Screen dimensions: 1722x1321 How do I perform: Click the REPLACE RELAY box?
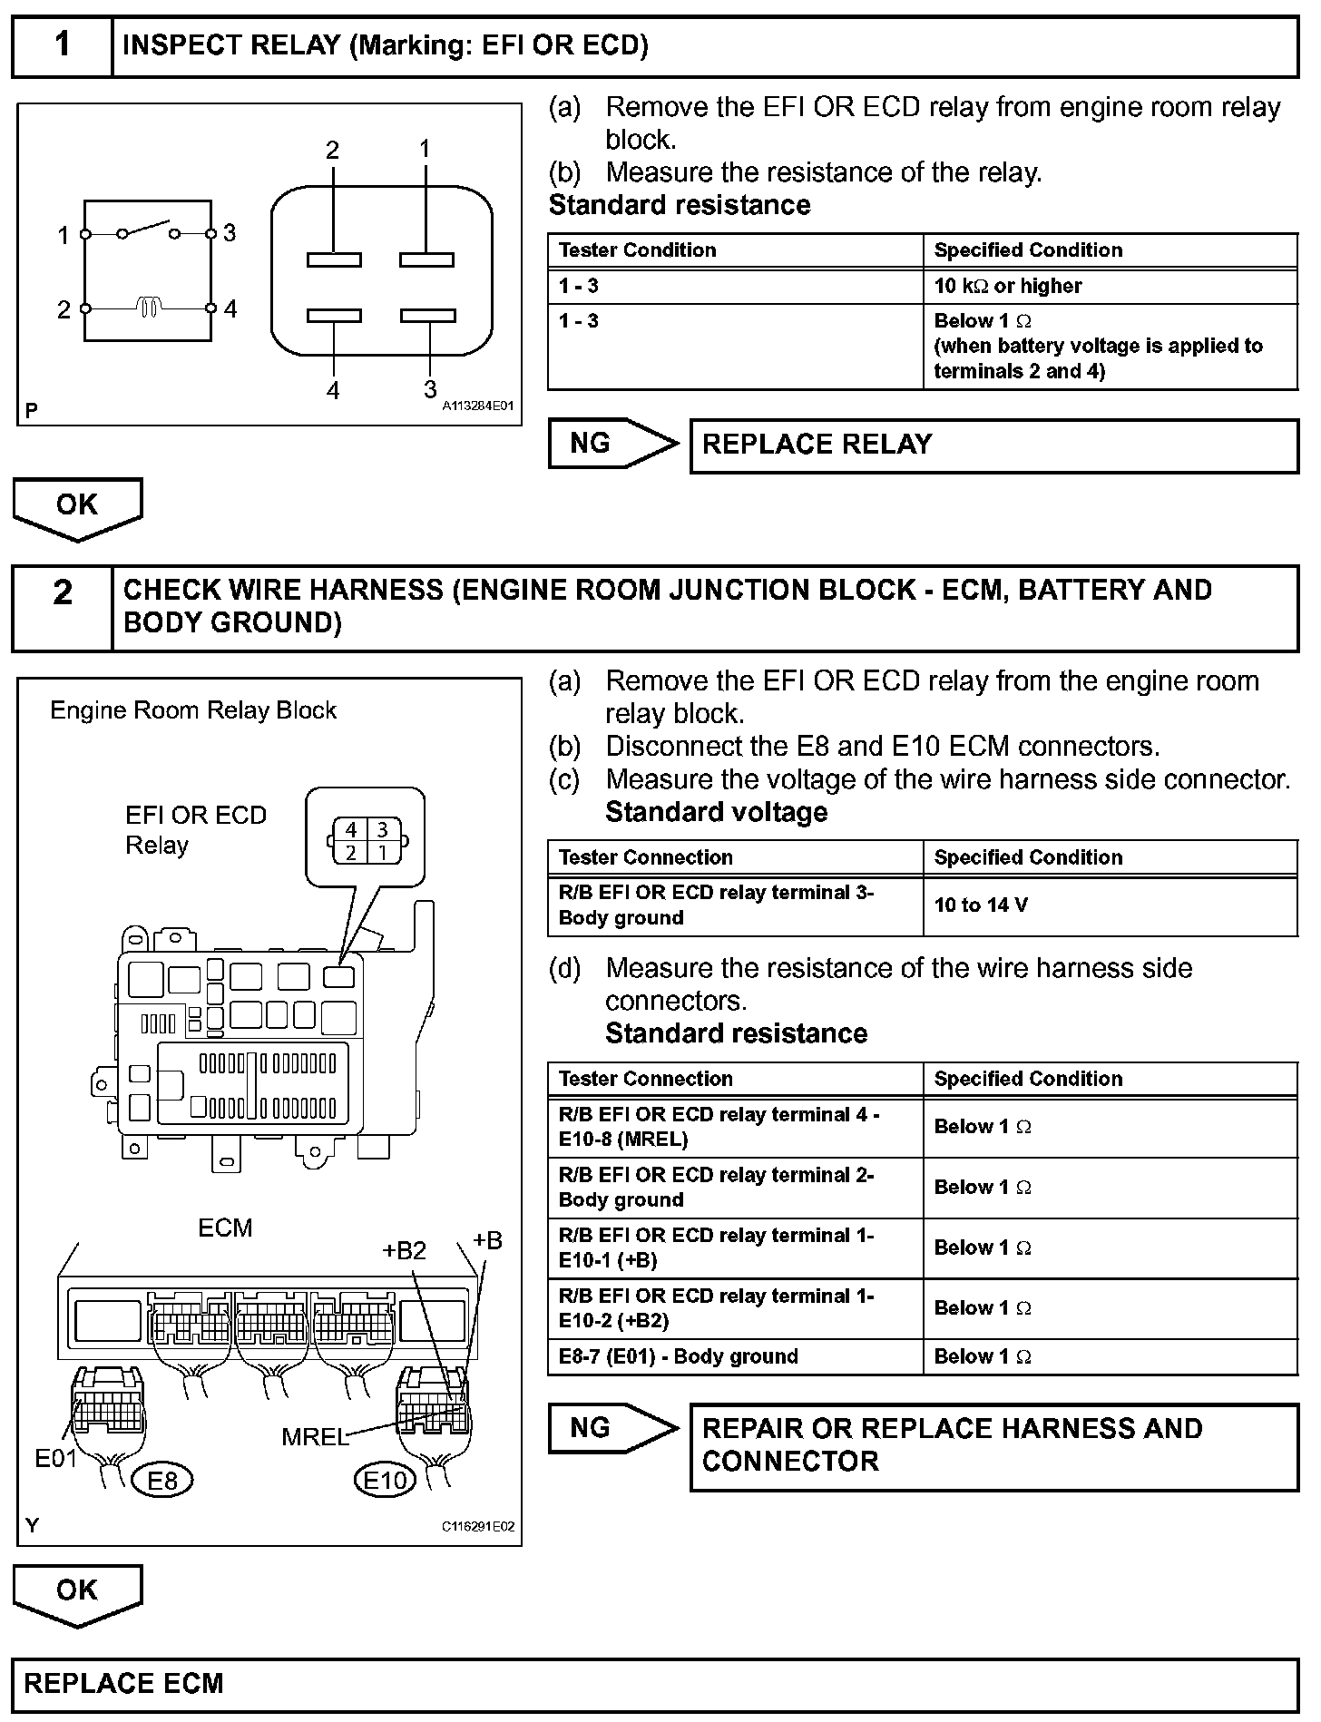click(993, 445)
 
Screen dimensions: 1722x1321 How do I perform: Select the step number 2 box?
click(62, 608)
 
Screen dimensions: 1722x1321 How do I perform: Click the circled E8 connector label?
click(161, 1481)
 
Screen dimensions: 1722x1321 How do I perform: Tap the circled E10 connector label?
click(385, 1481)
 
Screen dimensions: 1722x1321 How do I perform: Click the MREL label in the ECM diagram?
click(314, 1437)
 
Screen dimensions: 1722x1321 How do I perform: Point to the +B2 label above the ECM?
click(404, 1251)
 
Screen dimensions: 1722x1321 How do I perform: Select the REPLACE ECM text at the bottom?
click(123, 1684)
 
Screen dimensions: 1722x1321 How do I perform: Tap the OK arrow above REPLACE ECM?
click(77, 1592)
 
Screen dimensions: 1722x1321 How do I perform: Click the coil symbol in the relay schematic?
click(151, 308)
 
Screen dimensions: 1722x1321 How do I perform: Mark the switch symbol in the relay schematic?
click(147, 229)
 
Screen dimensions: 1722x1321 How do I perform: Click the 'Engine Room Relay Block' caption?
click(193, 710)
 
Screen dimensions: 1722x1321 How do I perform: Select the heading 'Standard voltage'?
click(716, 812)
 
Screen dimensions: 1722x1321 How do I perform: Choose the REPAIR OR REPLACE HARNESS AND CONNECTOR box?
click(993, 1446)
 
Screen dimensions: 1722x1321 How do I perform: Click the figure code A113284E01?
click(477, 406)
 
